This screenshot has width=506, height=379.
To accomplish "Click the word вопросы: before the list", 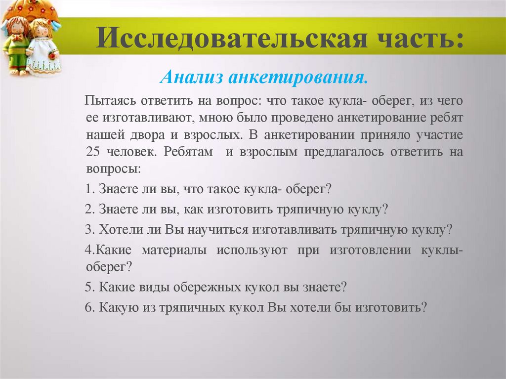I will [x=114, y=168].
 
